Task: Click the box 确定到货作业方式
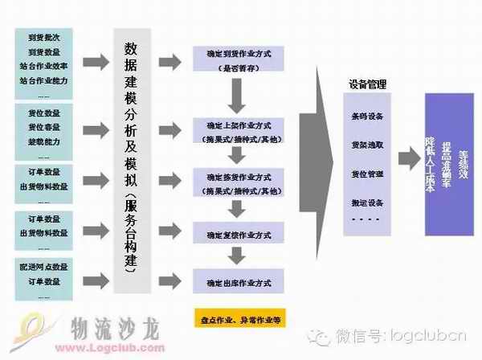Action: (x=235, y=60)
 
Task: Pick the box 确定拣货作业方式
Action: (x=235, y=183)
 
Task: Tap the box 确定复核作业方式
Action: (x=235, y=235)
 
